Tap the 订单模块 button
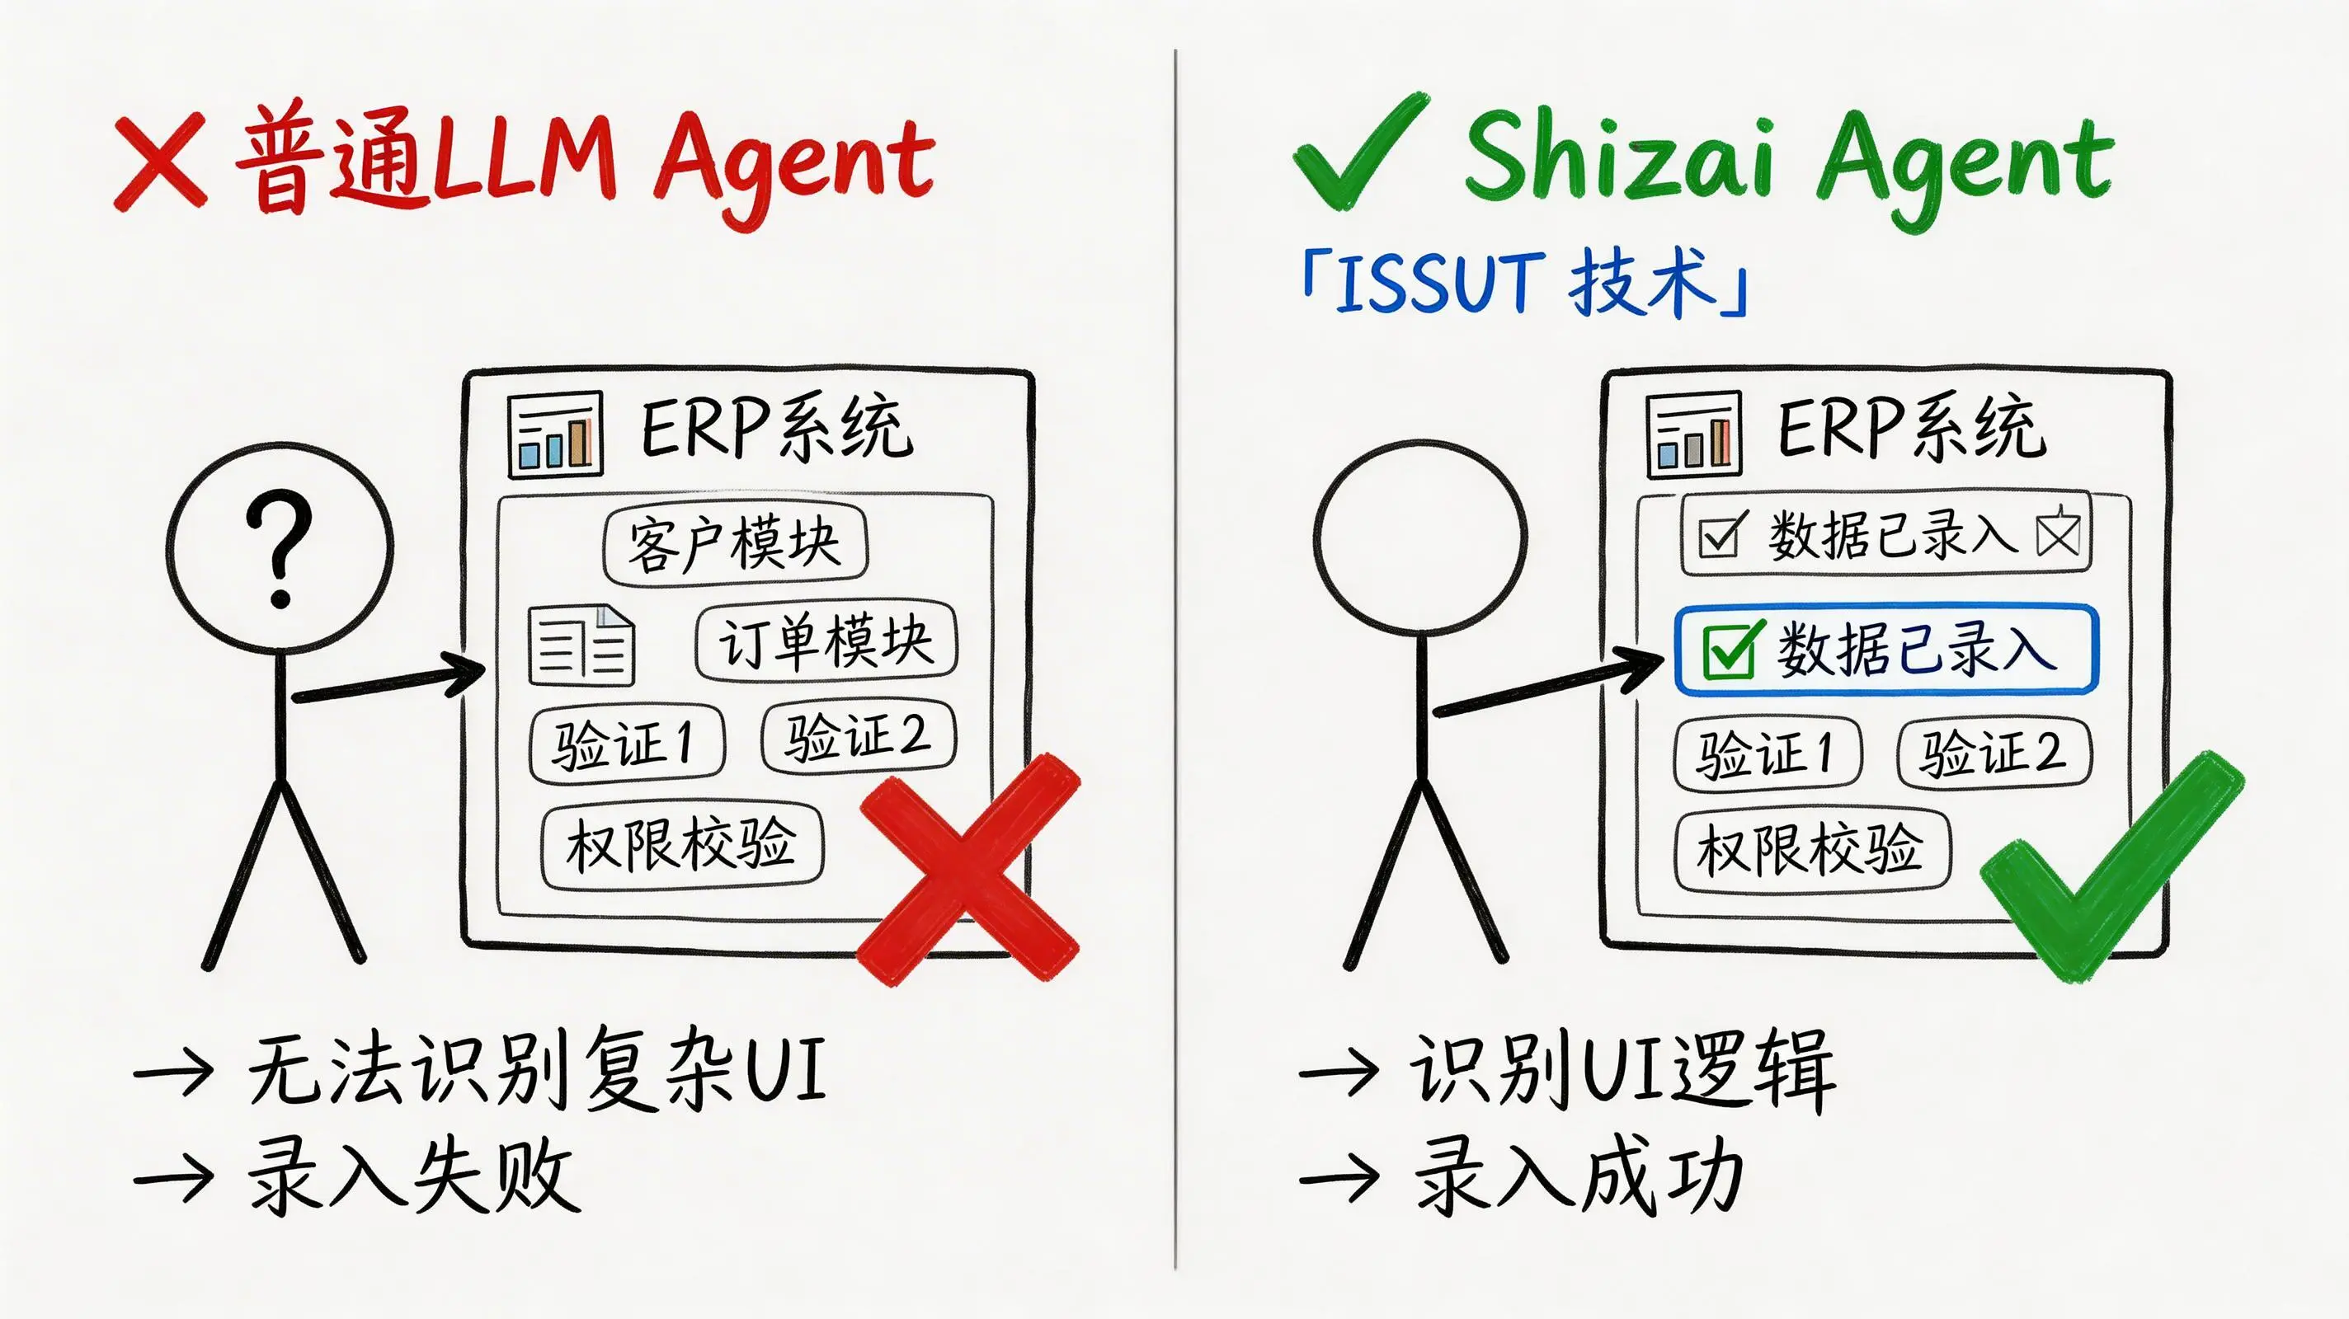[x=826, y=641]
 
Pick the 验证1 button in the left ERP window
[x=628, y=744]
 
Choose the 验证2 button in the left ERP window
[x=859, y=736]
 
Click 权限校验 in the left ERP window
[x=682, y=844]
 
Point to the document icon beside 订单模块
[x=581, y=645]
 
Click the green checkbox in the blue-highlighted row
[x=1727, y=650]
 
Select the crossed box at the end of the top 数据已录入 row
[x=2058, y=533]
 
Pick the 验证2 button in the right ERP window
[x=1994, y=753]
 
